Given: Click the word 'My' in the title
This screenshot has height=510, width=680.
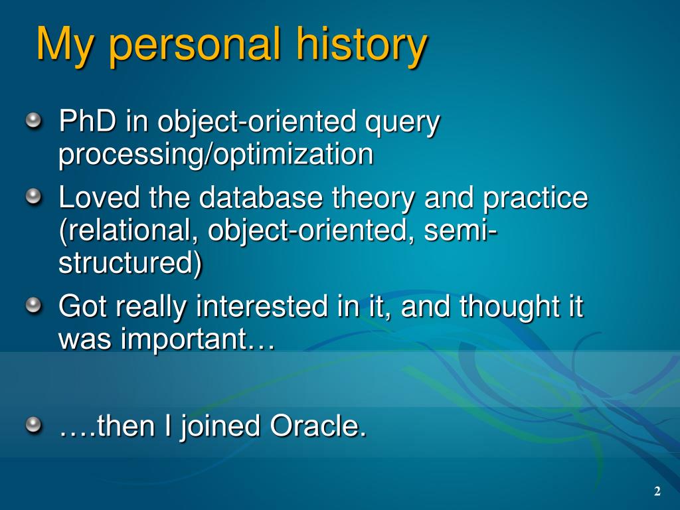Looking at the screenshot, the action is [x=64, y=45].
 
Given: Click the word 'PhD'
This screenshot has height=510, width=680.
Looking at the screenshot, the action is [x=88, y=121].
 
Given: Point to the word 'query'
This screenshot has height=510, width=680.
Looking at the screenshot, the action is [x=402, y=124].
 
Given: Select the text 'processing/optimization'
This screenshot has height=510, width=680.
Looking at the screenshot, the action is [x=216, y=155].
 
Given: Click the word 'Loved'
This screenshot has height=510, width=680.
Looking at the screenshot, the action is [x=99, y=197].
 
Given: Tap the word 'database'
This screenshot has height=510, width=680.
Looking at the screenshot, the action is [x=261, y=197].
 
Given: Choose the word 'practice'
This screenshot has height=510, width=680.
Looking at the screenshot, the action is [x=536, y=199].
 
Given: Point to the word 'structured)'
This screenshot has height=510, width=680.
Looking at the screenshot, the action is [x=130, y=263].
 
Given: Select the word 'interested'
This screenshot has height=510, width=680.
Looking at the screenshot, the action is [x=261, y=306].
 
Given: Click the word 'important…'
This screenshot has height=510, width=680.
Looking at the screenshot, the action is [x=198, y=340].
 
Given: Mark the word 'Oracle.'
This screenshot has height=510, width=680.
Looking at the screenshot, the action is [x=318, y=426].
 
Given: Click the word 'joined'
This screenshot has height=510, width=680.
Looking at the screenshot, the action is [x=220, y=428].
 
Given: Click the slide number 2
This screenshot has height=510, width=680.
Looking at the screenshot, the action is [x=657, y=491].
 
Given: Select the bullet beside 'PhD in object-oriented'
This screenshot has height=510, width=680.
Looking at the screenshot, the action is [x=34, y=121].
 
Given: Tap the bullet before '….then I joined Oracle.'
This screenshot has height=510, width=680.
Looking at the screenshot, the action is [x=34, y=425].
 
